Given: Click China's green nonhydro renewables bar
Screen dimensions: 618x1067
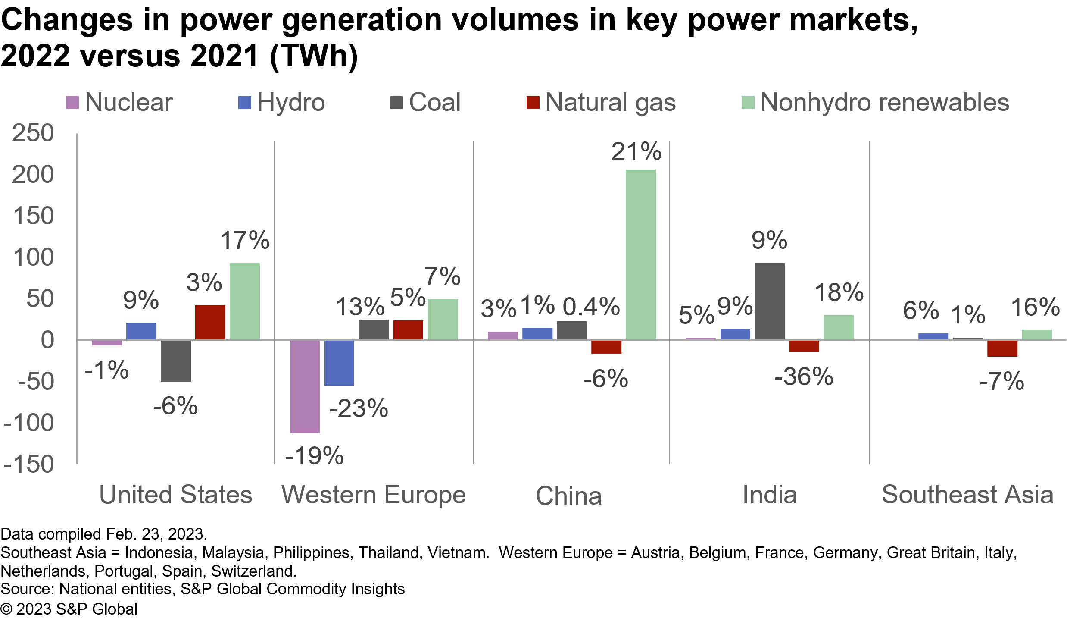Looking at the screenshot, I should coord(640,254).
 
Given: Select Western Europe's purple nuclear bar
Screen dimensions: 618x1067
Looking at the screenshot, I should coord(305,386).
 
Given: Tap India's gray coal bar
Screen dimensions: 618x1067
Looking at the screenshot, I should coord(770,301).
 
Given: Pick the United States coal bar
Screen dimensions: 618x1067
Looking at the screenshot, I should coord(175,361).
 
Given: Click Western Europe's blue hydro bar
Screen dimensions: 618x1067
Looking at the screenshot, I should coord(339,363).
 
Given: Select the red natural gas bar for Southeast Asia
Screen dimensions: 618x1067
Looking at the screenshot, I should coord(1002,348).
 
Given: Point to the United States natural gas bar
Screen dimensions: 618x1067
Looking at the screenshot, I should coord(210,322).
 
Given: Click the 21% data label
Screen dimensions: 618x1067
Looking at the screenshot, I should coord(636,152).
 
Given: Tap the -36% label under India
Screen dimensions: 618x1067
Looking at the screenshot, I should coord(804,376).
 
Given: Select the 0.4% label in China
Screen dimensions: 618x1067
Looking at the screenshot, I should coord(591,307).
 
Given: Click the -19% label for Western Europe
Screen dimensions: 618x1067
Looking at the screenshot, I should coord(314,456).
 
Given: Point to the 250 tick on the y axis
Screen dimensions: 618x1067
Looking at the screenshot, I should coord(33,133).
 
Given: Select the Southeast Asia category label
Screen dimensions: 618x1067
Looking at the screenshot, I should coord(967,495).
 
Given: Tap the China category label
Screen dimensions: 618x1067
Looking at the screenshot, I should coord(568,496).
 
